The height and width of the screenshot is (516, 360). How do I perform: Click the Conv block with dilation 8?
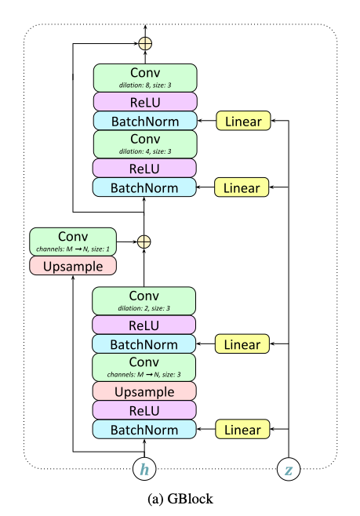[x=145, y=78]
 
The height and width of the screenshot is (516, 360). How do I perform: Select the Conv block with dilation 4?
[x=145, y=144]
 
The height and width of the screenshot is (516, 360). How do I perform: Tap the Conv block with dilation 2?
[x=144, y=301]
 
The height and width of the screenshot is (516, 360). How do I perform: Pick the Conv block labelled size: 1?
[x=73, y=242]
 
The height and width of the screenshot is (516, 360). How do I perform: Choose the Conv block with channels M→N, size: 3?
[x=144, y=367]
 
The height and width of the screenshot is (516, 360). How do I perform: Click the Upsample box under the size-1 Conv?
[x=73, y=266]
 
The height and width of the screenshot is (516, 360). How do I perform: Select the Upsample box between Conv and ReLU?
[x=144, y=391]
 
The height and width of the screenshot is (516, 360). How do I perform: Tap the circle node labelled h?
[x=144, y=469]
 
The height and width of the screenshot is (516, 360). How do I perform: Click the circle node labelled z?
[x=289, y=469]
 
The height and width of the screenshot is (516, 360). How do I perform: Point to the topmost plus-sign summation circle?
[x=145, y=43]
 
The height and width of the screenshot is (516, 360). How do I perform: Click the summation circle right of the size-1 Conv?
[x=144, y=242]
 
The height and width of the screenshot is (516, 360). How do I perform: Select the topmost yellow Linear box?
[x=243, y=121]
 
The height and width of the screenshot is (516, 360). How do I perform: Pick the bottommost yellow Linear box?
[x=242, y=429]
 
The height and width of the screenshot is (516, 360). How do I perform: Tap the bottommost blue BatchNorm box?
[x=144, y=429]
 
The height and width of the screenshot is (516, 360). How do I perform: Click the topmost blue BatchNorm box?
[x=145, y=121]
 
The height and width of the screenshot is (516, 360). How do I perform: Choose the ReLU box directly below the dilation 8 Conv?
[x=145, y=102]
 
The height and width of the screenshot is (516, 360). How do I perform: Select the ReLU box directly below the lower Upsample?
[x=144, y=410]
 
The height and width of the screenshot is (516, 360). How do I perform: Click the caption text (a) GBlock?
[x=180, y=499]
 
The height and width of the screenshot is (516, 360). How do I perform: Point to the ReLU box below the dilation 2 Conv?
[x=144, y=325]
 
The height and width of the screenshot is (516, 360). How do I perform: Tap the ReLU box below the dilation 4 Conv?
[x=144, y=168]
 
